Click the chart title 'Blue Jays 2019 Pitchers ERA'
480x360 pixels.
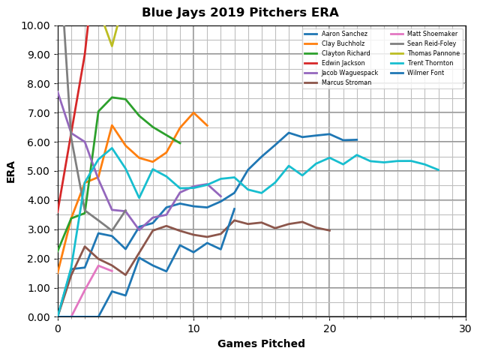[x=240, y=13]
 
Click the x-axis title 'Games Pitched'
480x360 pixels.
[x=261, y=344]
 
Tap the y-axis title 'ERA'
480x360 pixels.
[x=11, y=171]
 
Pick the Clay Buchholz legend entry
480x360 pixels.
[x=342, y=43]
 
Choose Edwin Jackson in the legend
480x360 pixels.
[x=341, y=63]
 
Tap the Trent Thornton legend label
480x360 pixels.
[x=427, y=63]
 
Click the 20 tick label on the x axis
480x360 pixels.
[x=329, y=328]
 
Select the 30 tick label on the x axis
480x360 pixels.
[x=465, y=328]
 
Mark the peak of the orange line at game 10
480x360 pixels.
[x=193, y=112]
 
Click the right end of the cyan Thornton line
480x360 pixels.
[x=438, y=170]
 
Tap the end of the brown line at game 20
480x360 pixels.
[x=329, y=230]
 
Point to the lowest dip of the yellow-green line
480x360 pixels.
[x=112, y=46]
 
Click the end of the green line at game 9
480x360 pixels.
[x=180, y=143]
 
